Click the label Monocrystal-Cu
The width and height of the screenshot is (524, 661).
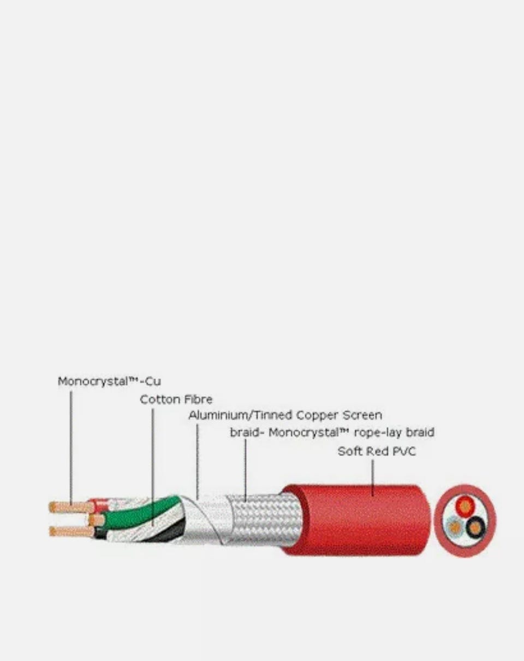[109, 382]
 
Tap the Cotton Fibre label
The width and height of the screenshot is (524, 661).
[176, 400]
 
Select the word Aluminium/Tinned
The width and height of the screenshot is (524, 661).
[241, 415]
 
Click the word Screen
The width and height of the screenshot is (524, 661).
[360, 415]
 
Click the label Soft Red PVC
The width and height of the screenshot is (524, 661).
[377, 451]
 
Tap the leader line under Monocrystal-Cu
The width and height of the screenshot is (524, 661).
[71, 448]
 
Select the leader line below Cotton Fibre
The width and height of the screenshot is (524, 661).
[153, 464]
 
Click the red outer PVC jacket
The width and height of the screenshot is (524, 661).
[355, 521]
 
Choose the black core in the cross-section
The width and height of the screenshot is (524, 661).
[476, 527]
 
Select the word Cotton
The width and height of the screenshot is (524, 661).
[159, 400]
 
